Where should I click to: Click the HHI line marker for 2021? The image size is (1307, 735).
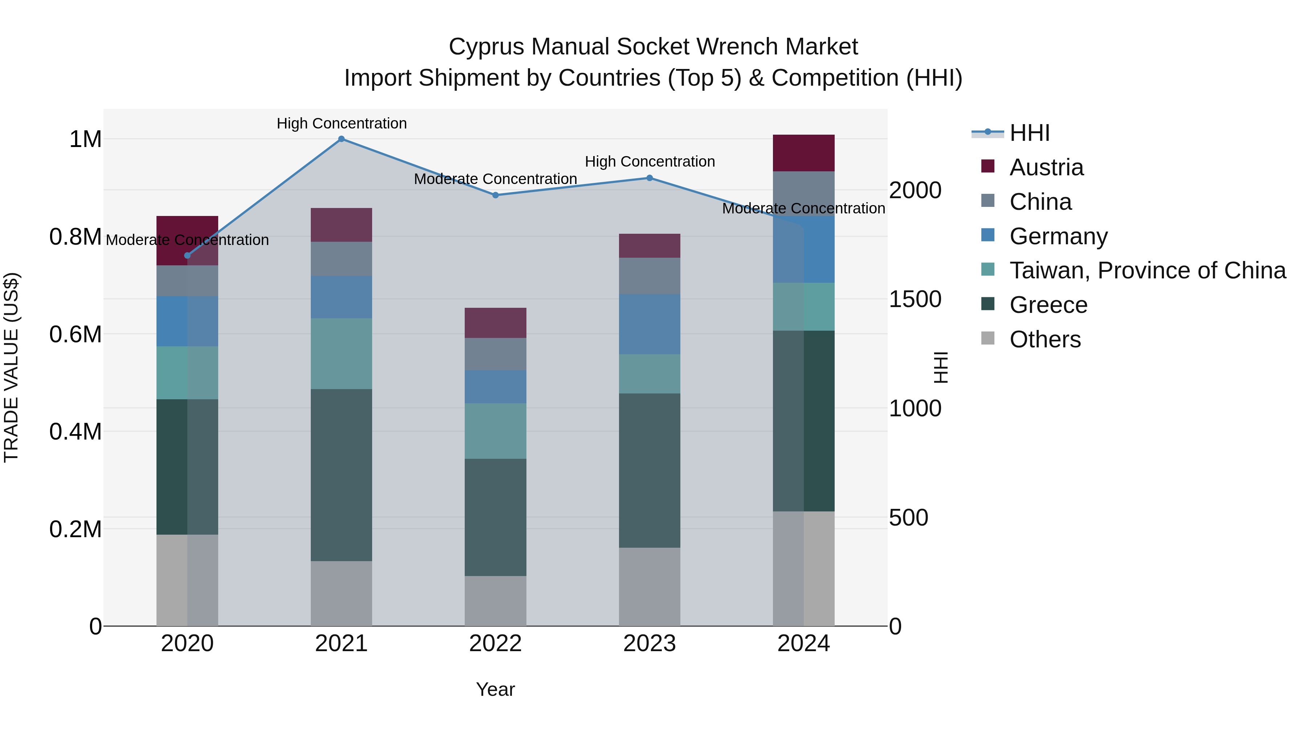342,139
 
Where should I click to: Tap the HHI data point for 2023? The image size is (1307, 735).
650,178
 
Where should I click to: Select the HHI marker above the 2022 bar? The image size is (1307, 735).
496,195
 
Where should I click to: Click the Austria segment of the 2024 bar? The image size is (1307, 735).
804,153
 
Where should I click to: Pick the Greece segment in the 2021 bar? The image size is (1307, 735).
342,475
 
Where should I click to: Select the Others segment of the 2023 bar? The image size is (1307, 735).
650,587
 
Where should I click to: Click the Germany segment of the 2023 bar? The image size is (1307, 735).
650,324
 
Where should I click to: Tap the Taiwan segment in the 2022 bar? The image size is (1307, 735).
496,431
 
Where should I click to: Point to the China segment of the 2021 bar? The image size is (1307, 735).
342,259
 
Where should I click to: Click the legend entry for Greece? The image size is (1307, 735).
1048,305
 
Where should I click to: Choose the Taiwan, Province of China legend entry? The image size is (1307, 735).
1148,271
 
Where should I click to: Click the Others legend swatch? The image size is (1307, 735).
988,338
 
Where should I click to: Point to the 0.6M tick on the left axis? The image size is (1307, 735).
76,335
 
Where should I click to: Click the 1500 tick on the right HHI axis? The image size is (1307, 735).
915,299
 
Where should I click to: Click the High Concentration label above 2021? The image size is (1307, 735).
342,124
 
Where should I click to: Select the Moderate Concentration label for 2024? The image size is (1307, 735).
804,208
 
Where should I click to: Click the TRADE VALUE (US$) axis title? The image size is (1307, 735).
11,367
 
